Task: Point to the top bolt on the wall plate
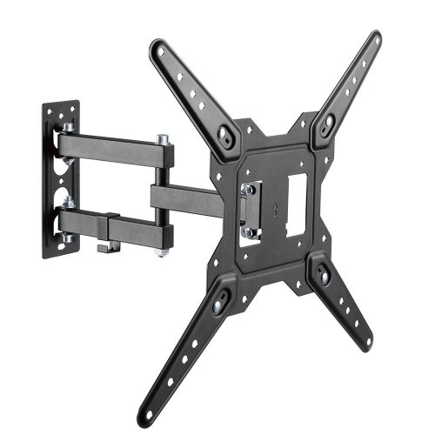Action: [x=67, y=127]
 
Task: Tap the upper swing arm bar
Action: [x=117, y=148]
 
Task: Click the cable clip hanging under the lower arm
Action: [x=106, y=248]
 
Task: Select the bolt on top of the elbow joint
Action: [x=163, y=139]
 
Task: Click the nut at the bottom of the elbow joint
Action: [x=162, y=252]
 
